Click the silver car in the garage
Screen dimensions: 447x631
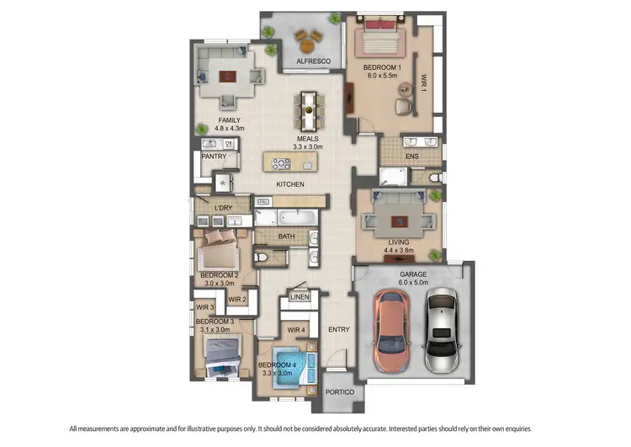pos(442,333)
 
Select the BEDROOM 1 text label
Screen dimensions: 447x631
pos(383,67)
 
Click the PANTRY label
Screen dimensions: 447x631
pos(213,157)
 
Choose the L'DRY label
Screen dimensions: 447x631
pos(223,207)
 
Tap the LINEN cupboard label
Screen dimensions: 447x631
pos(300,297)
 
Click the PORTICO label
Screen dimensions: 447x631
pos(340,392)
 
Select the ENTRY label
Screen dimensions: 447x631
pos(338,329)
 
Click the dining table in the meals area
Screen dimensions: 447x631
pos(310,108)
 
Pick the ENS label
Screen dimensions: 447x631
pos(411,157)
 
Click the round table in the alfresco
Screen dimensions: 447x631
pos(306,37)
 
